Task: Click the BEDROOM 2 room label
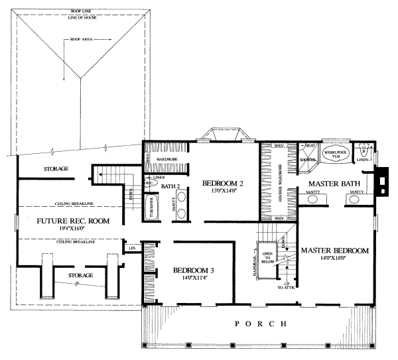[x=220, y=183]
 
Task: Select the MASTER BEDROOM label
[x=335, y=251]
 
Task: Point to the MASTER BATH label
[x=331, y=183]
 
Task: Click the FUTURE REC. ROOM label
[x=73, y=221]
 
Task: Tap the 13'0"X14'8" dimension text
[x=220, y=191]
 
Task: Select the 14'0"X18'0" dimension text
[x=335, y=259]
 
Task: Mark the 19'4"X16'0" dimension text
[x=73, y=229]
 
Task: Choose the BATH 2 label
[x=172, y=186]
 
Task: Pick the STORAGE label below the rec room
[x=79, y=274]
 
